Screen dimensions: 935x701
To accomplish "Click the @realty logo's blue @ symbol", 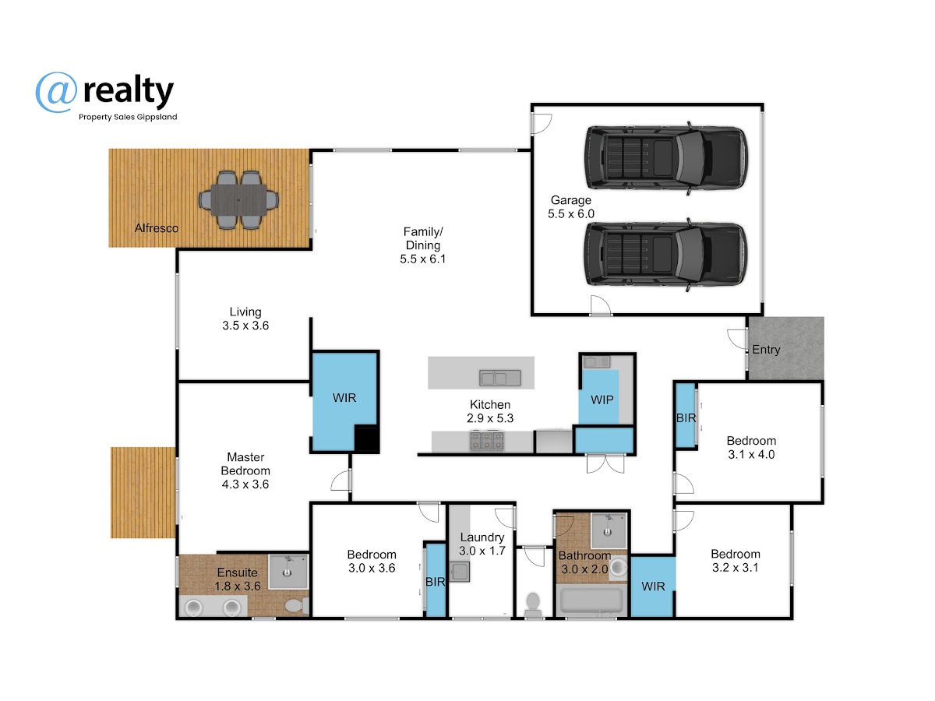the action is (x=56, y=92).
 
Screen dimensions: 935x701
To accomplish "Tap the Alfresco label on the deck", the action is (x=157, y=228).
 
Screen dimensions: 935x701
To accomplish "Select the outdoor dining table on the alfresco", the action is (x=238, y=199).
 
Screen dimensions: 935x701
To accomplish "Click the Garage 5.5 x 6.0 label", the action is (x=571, y=207).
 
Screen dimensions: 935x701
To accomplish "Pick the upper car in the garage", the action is (x=665, y=158).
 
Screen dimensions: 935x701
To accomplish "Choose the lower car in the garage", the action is (x=665, y=255).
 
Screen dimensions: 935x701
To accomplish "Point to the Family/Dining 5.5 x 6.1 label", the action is (x=422, y=245).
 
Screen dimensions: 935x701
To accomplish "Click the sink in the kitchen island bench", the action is (x=499, y=378).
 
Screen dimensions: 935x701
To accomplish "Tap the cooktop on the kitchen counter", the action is (x=487, y=441).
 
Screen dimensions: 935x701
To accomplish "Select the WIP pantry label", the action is (x=602, y=400).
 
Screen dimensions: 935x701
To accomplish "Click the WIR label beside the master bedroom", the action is (x=344, y=398).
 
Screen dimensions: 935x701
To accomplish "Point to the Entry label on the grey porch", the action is (x=766, y=350).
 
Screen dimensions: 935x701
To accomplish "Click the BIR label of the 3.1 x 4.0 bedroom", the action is (x=686, y=418).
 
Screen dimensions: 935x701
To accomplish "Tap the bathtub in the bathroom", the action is (x=591, y=600).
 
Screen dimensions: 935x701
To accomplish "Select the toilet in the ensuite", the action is (x=297, y=605).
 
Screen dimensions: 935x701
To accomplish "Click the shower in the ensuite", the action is (x=288, y=571).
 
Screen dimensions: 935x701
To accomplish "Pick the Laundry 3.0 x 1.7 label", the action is (x=482, y=544).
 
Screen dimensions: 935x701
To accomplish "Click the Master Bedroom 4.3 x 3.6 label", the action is (x=245, y=470).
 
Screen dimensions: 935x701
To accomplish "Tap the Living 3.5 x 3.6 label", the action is (x=245, y=319).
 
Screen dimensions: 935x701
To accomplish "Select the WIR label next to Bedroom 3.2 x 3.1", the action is (x=653, y=587).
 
